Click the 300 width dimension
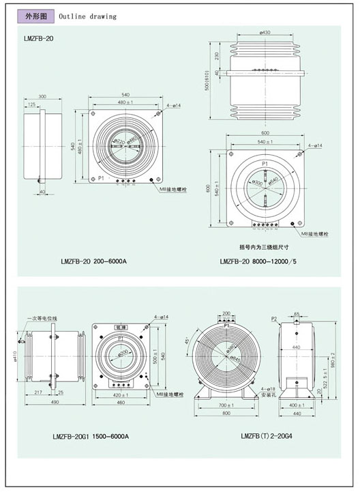point(42,97)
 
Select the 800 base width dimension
point(228,413)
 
